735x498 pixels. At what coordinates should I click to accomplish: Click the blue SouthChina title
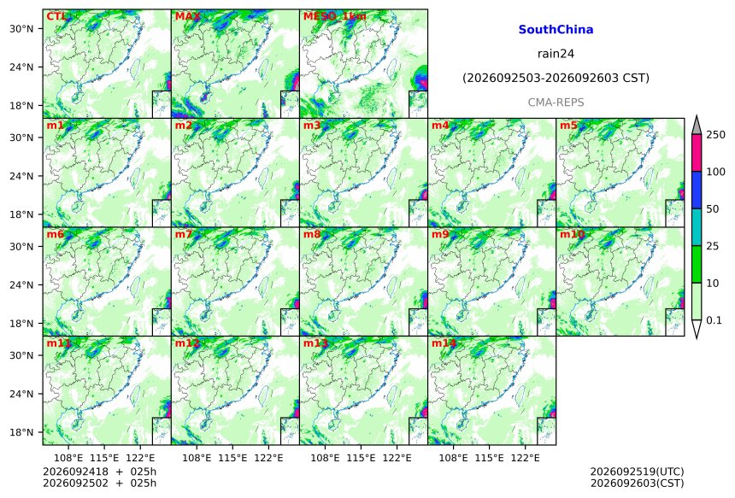[556, 30]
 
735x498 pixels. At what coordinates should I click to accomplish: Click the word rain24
[556, 54]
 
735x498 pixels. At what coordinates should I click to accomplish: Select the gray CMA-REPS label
[556, 103]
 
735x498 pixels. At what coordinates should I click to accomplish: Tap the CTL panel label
[56, 16]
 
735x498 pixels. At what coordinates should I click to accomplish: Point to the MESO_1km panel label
[335, 17]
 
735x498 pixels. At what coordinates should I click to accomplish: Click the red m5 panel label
[567, 126]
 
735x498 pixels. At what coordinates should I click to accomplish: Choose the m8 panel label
[312, 234]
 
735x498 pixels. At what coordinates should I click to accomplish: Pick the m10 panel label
[572, 234]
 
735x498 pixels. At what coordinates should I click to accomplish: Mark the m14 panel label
[444, 343]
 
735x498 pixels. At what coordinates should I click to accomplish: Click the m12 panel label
[187, 343]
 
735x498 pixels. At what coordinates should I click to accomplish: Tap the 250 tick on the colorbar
[715, 135]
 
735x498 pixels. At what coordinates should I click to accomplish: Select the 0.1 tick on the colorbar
[714, 320]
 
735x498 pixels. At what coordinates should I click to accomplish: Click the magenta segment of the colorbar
[697, 153]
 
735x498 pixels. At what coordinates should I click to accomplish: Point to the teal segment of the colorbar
[697, 227]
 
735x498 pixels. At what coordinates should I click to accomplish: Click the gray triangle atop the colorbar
[697, 125]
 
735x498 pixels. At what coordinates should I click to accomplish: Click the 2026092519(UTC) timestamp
[637, 472]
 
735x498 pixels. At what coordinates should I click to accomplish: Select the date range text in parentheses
[556, 79]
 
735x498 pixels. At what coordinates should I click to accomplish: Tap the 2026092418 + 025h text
[99, 472]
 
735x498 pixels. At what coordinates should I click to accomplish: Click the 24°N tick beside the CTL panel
[21, 67]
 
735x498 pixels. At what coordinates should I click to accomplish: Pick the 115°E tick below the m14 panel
[490, 457]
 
